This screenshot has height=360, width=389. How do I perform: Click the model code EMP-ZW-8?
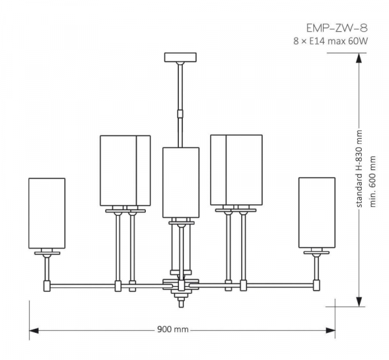point(337,28)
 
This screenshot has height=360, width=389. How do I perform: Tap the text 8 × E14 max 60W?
point(331,41)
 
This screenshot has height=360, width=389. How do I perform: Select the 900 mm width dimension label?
point(172,330)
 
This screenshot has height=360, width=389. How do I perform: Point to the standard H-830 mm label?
point(359,169)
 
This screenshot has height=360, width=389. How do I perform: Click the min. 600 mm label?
point(373,182)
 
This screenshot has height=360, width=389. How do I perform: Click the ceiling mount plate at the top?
point(180,57)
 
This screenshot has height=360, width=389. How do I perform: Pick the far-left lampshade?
point(47,213)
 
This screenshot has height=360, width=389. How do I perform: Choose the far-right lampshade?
point(317,213)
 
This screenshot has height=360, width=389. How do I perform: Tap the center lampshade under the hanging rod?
point(181,182)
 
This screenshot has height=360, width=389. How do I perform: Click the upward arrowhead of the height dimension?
point(359,58)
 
